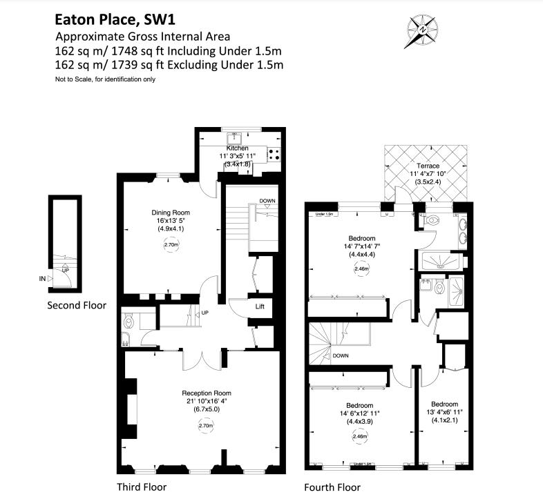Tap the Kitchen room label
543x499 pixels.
[x=237, y=148]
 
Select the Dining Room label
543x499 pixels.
[x=171, y=212]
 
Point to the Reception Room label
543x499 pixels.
[x=207, y=393]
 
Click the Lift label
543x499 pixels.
[x=260, y=306]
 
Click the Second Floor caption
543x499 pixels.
[x=76, y=305]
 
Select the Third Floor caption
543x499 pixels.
[x=142, y=487]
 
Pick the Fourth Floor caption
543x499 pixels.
[x=332, y=487]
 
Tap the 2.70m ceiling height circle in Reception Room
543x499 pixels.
[x=206, y=426]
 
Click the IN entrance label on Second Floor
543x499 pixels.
[x=43, y=279]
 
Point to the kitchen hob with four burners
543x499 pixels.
[x=274, y=155]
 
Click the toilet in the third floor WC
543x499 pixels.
[x=126, y=322]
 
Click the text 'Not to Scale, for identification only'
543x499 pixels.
[x=105, y=79]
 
